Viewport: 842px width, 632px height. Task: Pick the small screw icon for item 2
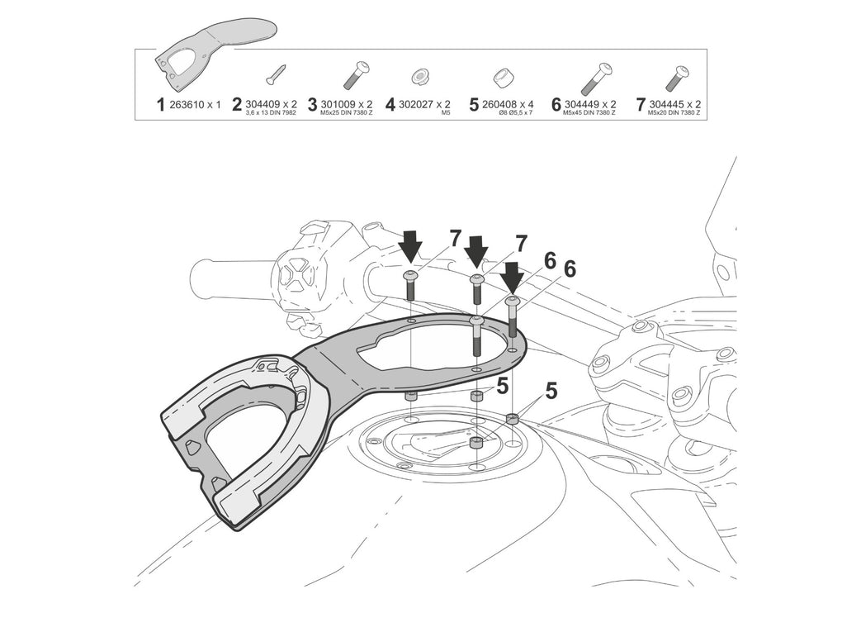point(275,75)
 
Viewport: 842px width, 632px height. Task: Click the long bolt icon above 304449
point(596,77)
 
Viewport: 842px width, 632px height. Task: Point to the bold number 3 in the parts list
point(313,105)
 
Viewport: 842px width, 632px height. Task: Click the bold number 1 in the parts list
point(161,105)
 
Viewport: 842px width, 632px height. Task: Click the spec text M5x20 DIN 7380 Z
point(672,113)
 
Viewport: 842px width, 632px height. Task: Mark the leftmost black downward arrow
point(410,245)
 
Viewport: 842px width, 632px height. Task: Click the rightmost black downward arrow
point(513,276)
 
